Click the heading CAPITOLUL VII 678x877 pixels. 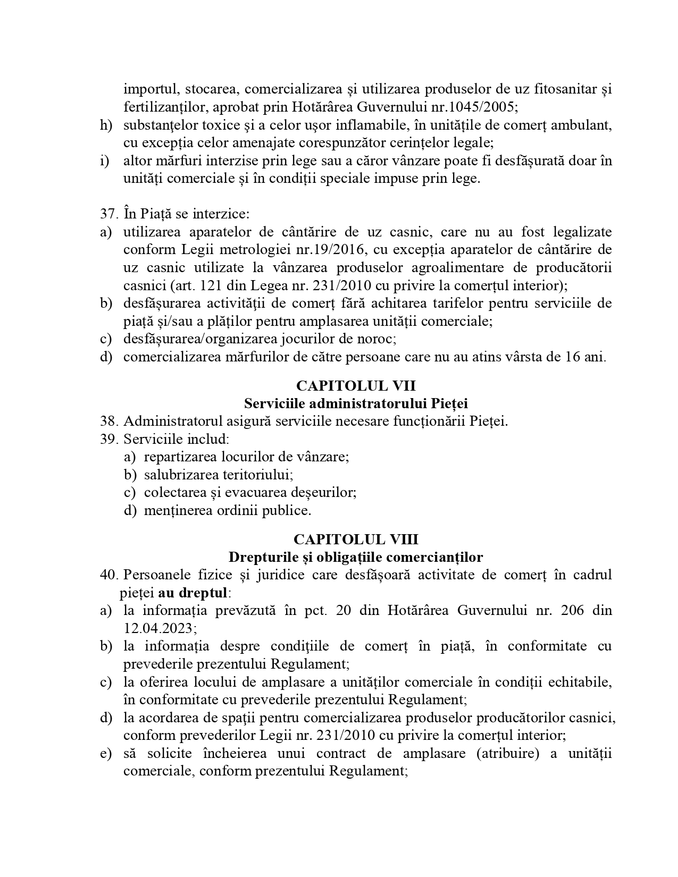point(356,385)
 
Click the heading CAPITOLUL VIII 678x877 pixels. point(356,539)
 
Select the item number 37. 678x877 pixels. point(108,214)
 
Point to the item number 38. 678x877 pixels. point(108,421)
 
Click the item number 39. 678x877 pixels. point(108,439)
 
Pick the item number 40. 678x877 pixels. point(108,575)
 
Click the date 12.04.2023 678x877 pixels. point(160,628)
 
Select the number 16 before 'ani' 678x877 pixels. point(571,357)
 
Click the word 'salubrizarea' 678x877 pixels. point(176,475)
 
